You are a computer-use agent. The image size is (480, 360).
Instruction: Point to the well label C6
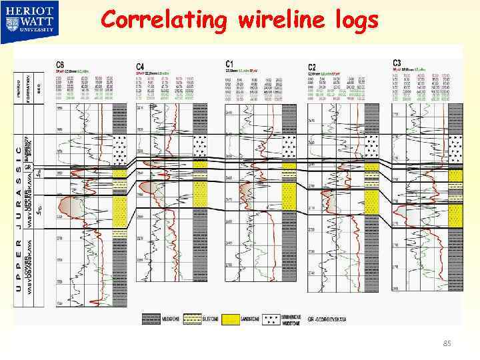60,64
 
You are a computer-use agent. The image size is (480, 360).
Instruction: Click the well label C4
140,66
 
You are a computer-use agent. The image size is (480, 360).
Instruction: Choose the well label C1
230,64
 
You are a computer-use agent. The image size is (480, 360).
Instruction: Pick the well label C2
312,66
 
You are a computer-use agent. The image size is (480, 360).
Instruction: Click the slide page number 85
447,344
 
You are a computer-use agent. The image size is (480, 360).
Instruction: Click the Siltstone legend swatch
193,319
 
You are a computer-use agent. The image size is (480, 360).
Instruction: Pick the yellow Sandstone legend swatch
230,319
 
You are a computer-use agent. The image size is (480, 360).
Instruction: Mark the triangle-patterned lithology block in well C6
119,151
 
